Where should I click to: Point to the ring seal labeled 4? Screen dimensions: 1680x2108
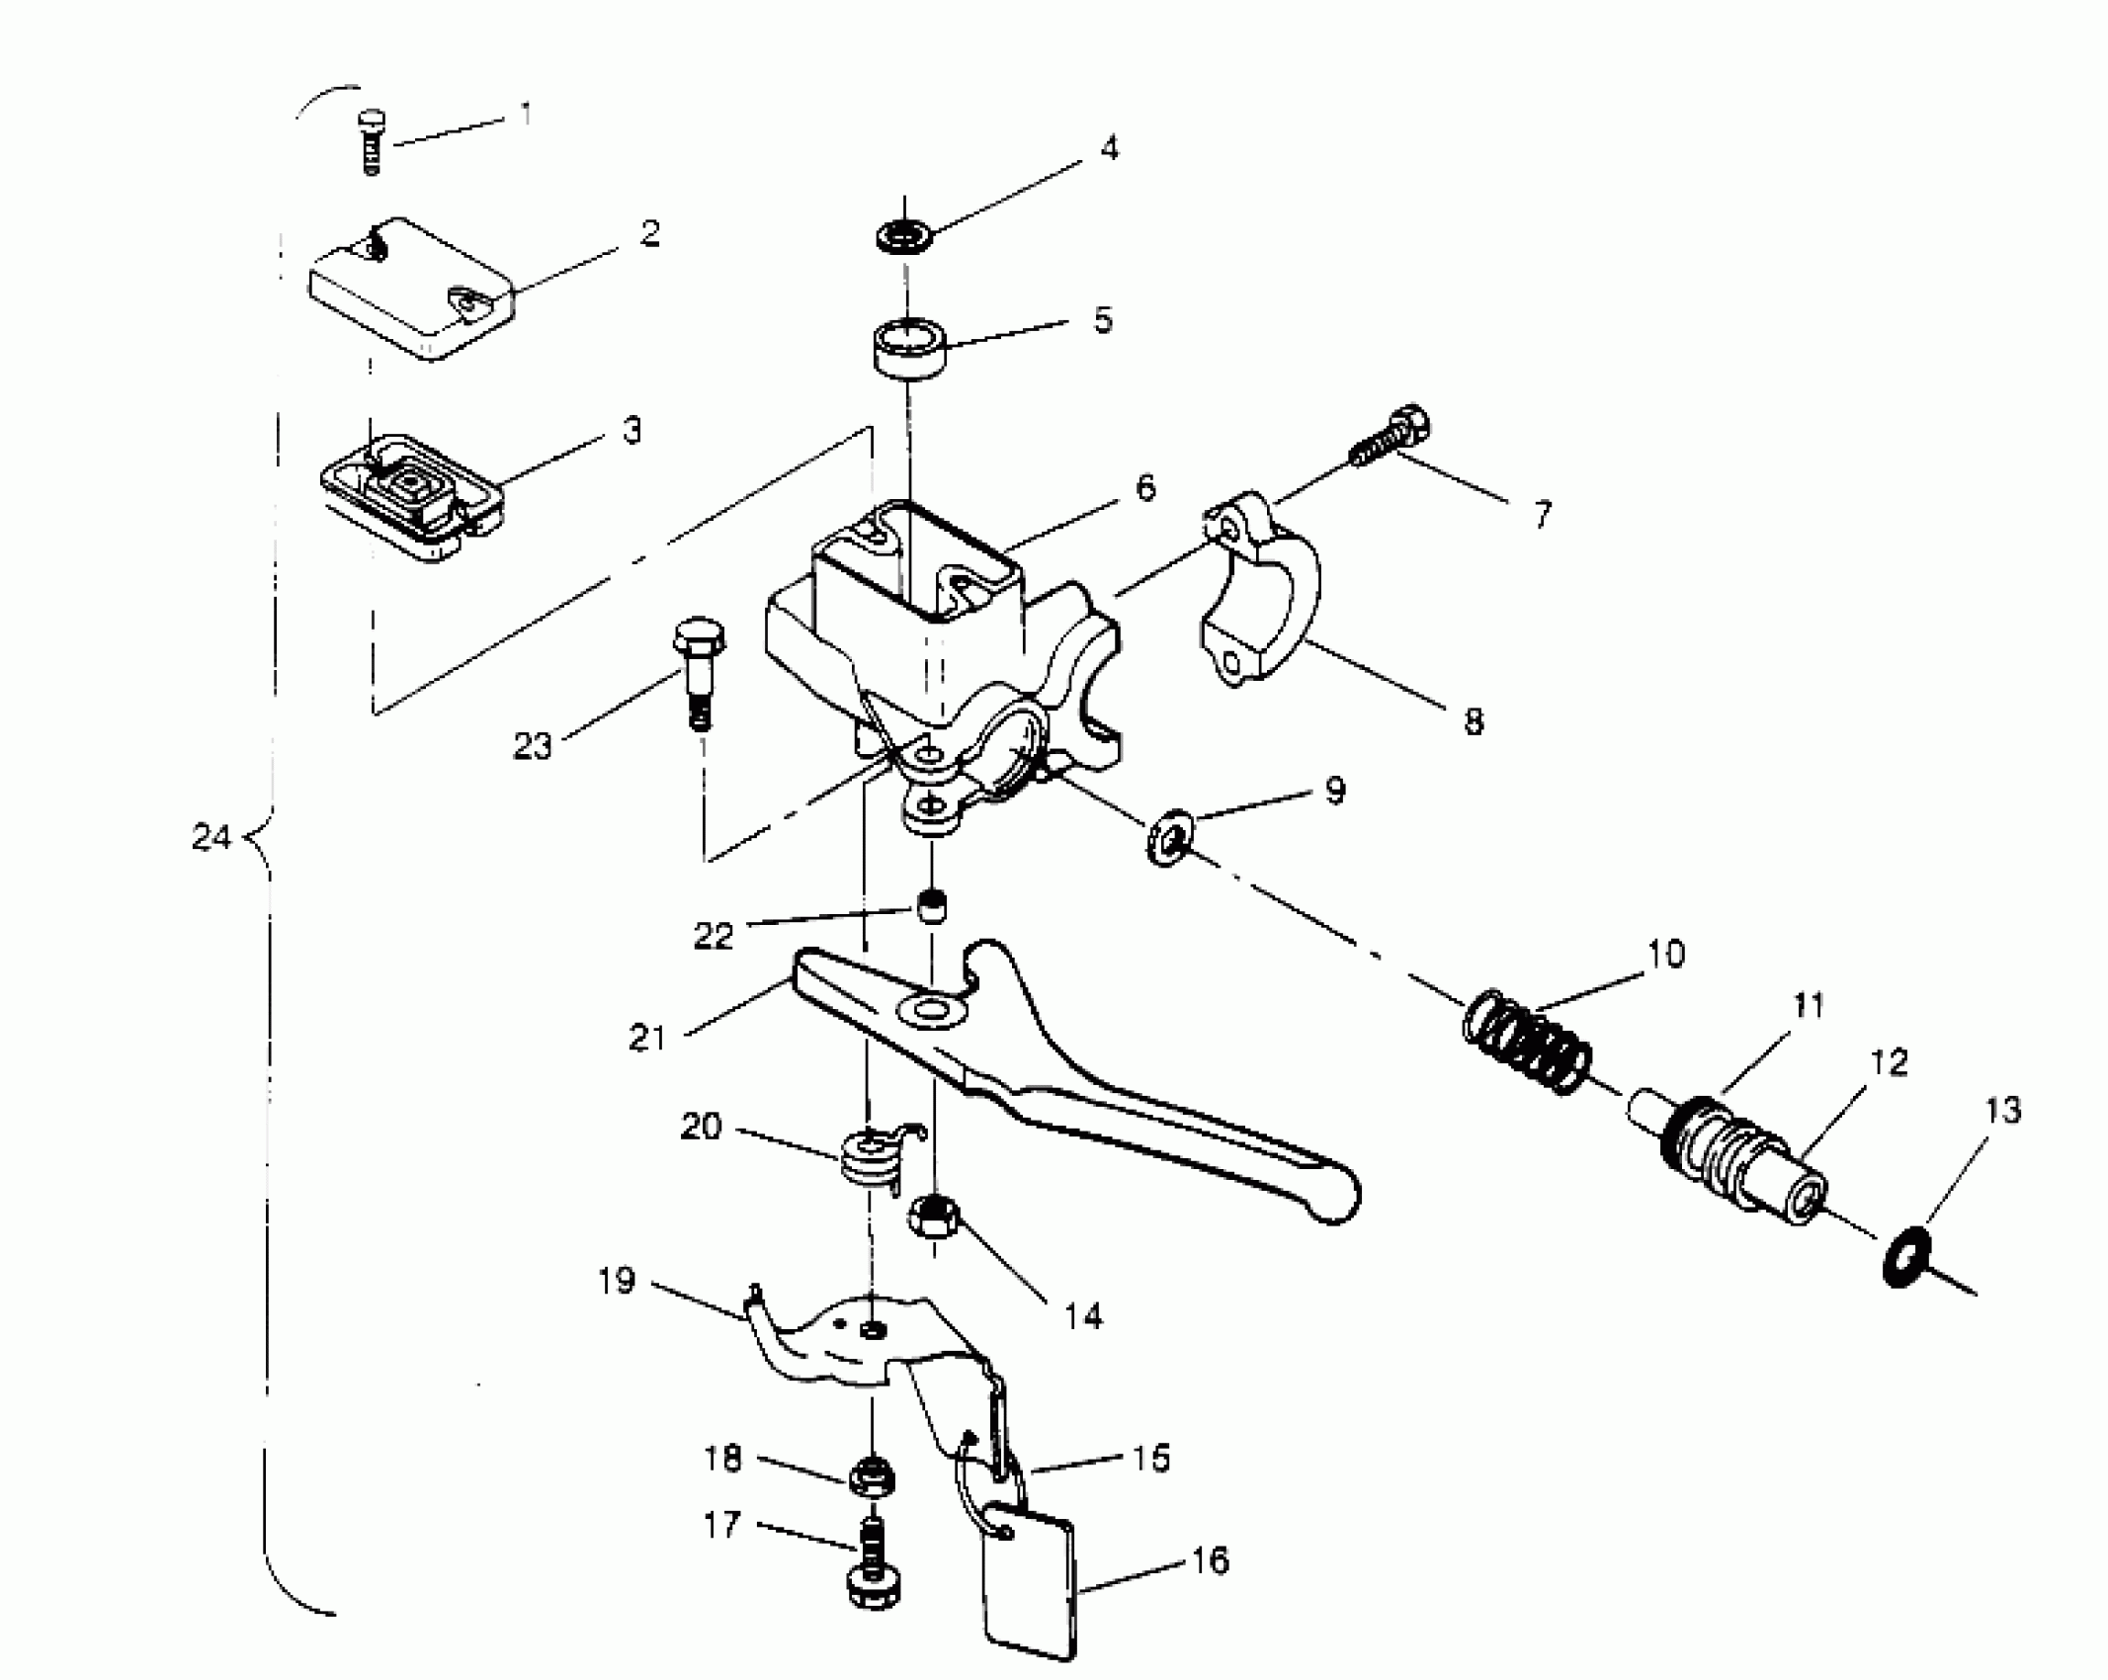point(904,238)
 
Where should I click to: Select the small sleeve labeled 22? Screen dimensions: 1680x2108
point(929,903)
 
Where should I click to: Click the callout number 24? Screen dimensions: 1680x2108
point(211,839)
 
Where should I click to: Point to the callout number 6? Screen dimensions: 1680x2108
point(1144,487)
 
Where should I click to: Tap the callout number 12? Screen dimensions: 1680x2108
point(1888,1063)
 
